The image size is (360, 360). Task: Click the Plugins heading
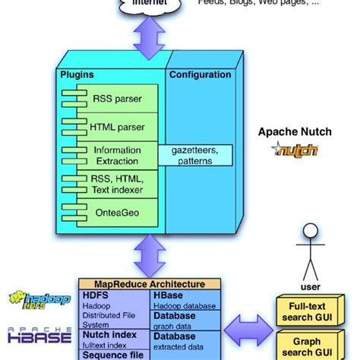coord(77,74)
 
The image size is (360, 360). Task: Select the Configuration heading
coord(200,74)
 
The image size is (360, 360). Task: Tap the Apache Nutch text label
coord(295,131)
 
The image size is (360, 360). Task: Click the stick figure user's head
coord(309,230)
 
